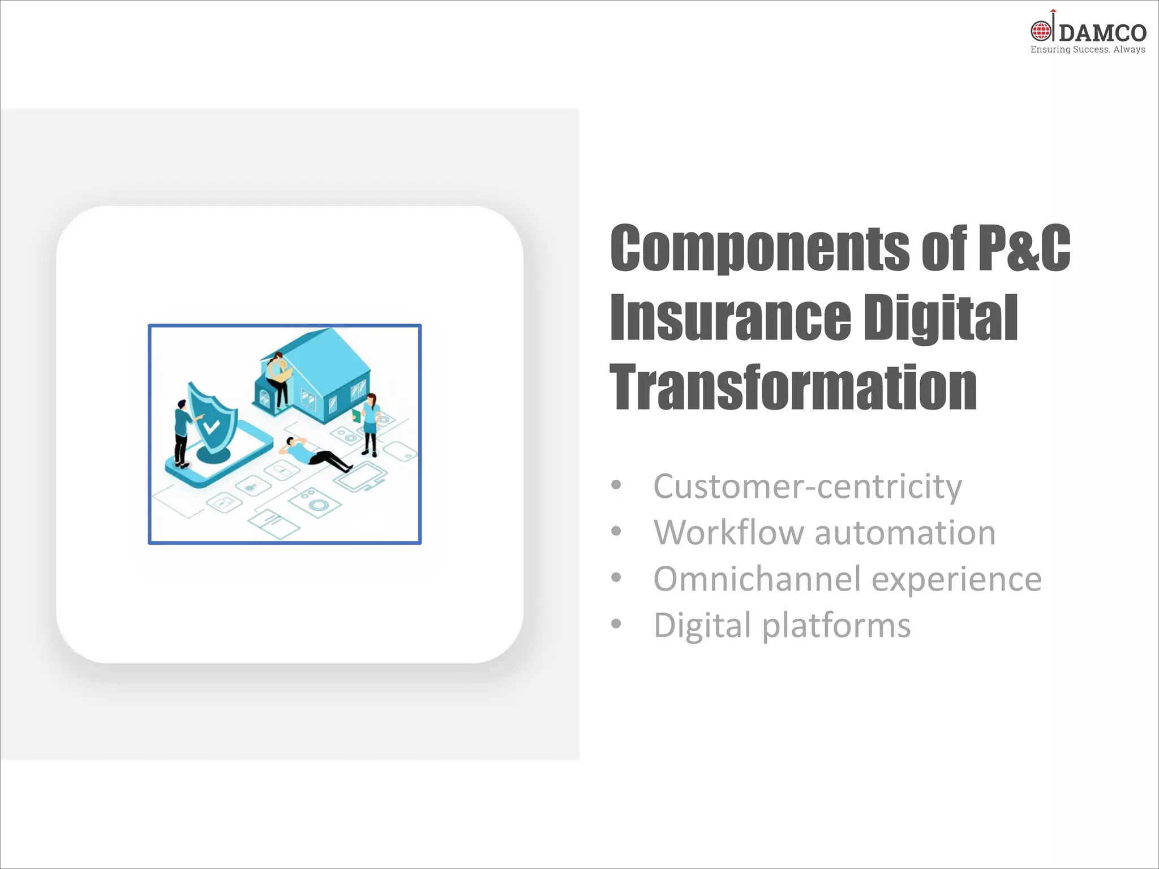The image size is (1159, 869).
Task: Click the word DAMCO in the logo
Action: point(1102,33)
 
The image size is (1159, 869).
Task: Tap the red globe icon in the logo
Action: point(1041,31)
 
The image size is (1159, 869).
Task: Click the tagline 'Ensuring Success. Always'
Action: point(1088,50)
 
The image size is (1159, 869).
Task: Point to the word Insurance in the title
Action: point(730,318)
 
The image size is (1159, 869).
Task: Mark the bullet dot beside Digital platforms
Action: point(616,624)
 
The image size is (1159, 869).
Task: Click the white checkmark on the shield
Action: point(211,426)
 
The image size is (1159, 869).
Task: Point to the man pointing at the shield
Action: point(182,433)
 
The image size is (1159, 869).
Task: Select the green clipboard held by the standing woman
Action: point(356,416)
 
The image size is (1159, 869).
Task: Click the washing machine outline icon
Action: point(315,502)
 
